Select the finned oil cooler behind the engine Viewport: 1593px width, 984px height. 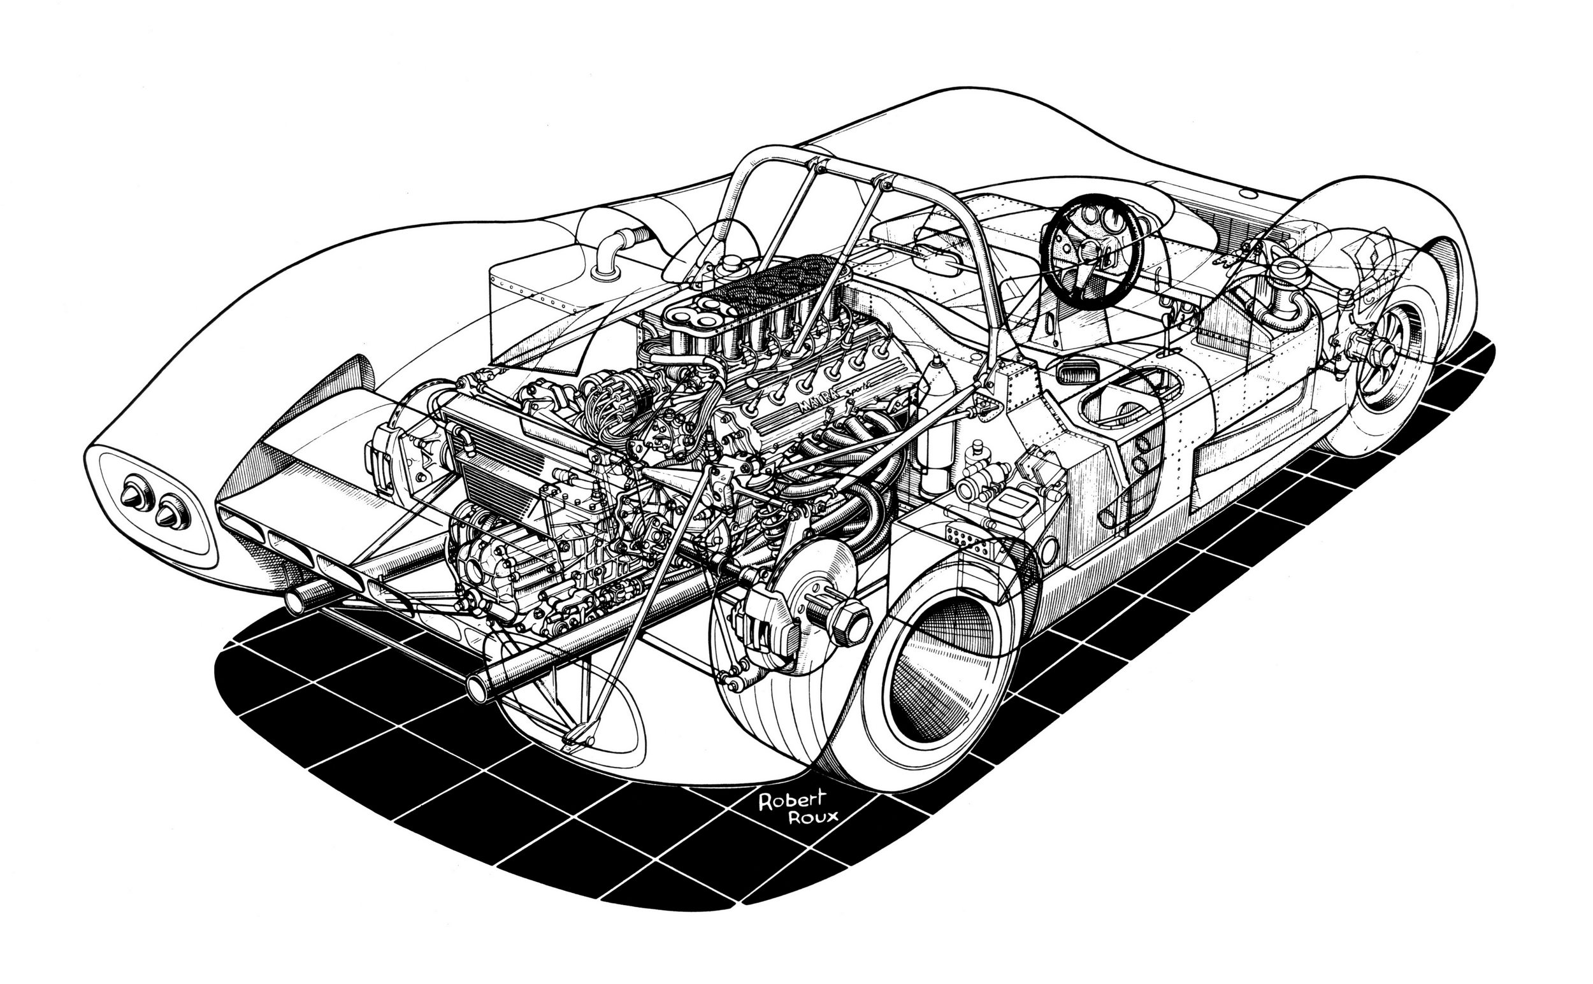494,455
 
